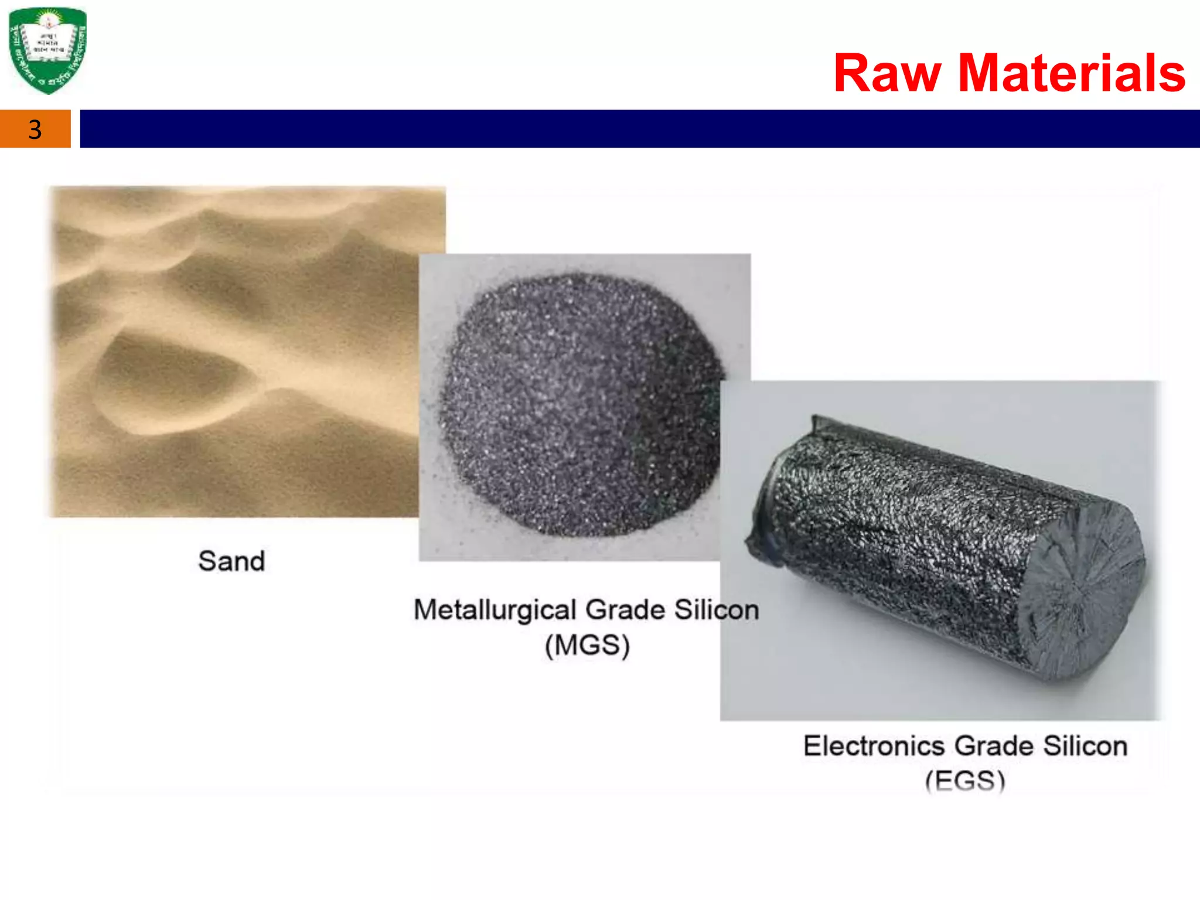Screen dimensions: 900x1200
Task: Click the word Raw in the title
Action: pos(887,73)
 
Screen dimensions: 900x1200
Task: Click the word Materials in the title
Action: pos(1072,73)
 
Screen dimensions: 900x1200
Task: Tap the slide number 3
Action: pos(35,129)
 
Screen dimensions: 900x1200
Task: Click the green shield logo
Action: pos(48,50)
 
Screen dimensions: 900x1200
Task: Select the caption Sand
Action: pos(231,561)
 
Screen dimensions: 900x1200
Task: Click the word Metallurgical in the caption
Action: pos(495,611)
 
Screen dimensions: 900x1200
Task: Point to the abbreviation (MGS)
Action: pos(587,646)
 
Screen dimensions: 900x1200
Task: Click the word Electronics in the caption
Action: pos(874,746)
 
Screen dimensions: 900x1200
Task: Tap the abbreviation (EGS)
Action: pos(965,780)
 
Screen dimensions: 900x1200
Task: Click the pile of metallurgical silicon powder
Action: pos(580,404)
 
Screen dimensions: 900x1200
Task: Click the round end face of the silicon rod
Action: pos(1084,592)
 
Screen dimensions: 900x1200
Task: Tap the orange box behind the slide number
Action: pos(15,129)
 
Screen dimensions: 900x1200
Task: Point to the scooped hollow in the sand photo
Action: pos(170,381)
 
